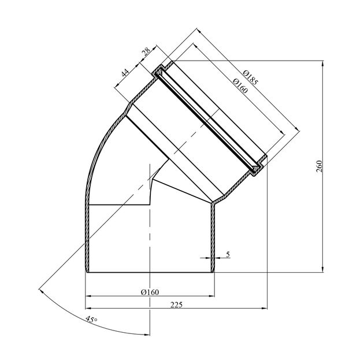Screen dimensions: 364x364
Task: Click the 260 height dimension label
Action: [320, 166]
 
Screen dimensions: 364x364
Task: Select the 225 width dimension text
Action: [177, 304]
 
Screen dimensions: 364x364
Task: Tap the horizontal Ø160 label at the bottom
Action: [150, 292]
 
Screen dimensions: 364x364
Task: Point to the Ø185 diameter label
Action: [250, 77]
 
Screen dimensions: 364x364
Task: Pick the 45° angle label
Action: [92, 320]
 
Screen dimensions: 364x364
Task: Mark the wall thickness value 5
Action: [228, 254]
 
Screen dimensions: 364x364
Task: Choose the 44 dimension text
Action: [125, 73]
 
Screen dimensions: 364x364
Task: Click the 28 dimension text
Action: [146, 52]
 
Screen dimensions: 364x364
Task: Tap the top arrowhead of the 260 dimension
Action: [322, 63]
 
